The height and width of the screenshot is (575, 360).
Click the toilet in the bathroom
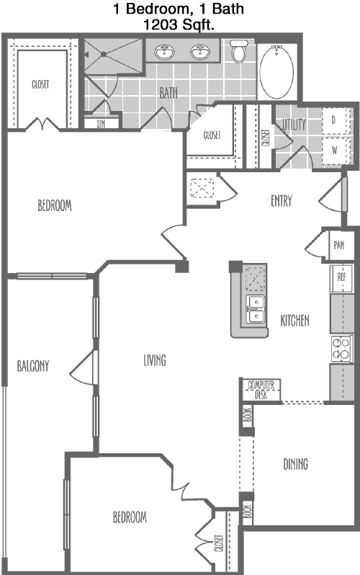coord(238,50)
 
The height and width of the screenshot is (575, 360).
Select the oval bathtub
coord(276,71)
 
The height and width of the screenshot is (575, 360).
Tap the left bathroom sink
coord(164,52)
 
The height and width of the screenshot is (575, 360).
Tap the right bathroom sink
coord(200,52)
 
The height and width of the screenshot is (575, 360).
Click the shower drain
coord(104,54)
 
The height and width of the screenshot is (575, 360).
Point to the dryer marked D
coord(335,120)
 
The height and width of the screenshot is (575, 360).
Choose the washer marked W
coord(335,150)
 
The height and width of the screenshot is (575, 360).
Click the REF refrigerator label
coord(341,277)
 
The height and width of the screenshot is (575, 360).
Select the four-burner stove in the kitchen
coord(342,348)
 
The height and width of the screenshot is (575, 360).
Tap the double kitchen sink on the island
coord(256,309)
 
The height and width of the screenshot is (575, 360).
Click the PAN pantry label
coord(339,245)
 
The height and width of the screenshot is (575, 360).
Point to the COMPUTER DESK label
coord(261,390)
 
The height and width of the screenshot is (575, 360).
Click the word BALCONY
coord(33,366)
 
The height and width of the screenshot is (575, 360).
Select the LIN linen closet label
coord(102,124)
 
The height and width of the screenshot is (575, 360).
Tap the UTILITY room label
coord(294,125)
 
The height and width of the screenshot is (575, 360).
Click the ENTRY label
coord(282,201)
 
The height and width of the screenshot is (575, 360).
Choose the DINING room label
coord(295,464)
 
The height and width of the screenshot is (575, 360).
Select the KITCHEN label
coord(294,321)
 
